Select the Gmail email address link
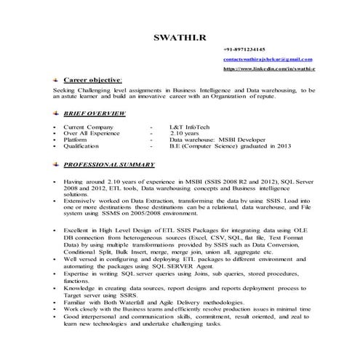point(268,57)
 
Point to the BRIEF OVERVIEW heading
point(95,113)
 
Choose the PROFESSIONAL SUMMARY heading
point(109,164)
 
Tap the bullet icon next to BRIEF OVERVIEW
point(57,113)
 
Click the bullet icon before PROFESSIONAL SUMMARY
point(57,164)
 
